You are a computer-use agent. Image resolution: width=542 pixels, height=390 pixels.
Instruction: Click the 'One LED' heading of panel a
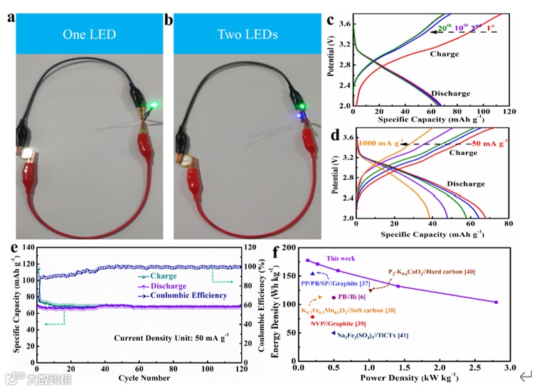pyautogui.click(x=89, y=33)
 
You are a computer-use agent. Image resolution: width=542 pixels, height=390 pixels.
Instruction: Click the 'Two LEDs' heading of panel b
pyautogui.click(x=250, y=33)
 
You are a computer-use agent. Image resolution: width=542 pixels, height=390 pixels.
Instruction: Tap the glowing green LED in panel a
pyautogui.click(x=152, y=106)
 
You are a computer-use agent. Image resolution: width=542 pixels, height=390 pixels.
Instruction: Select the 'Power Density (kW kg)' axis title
pyautogui.click(x=401, y=378)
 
